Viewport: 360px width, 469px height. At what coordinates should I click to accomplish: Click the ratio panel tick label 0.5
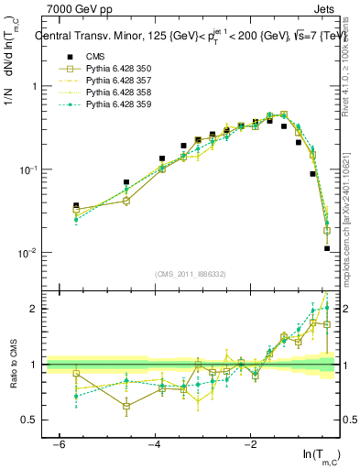[31, 420]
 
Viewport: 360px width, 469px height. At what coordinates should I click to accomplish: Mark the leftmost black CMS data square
[76, 206]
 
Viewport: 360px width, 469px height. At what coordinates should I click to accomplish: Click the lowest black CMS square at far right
[327, 248]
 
